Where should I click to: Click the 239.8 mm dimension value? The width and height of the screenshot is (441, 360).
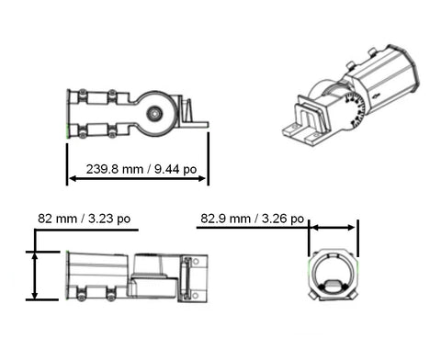pyautogui.click(x=115, y=169)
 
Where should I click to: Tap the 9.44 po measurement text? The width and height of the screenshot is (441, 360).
pyautogui.click(x=175, y=169)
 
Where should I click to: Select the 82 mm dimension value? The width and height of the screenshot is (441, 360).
pyautogui.click(x=57, y=219)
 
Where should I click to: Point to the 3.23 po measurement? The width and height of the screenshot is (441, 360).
pyautogui.click(x=109, y=219)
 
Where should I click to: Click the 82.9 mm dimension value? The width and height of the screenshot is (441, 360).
pyautogui.click(x=225, y=219)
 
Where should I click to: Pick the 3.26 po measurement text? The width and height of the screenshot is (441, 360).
pyautogui.click(x=283, y=219)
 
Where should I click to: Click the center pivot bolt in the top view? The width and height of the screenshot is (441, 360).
pyautogui.click(x=154, y=114)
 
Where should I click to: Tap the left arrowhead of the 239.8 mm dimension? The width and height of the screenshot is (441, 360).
pyautogui.click(x=73, y=178)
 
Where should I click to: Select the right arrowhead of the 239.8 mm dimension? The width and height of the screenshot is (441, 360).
pyautogui.click(x=202, y=178)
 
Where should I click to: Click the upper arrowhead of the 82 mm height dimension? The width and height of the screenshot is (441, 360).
pyautogui.click(x=35, y=256)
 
